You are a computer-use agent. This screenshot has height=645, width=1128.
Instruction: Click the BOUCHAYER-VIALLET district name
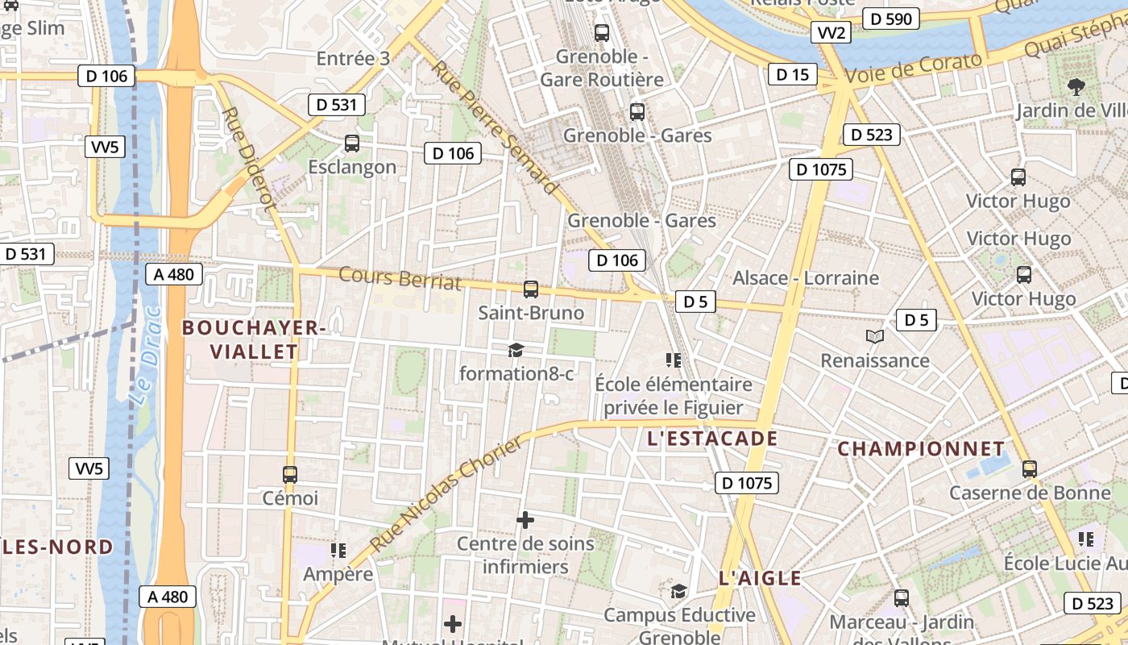point(254,339)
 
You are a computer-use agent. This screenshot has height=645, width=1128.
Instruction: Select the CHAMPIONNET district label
point(921,448)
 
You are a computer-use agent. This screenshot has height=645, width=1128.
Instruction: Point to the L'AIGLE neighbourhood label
point(760,578)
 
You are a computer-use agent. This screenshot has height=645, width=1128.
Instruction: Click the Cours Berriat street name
point(400,277)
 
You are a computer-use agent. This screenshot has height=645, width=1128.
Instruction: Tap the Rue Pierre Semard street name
point(494,127)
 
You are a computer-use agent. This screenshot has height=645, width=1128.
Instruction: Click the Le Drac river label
point(145,356)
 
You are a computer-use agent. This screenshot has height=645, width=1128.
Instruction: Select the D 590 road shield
point(890,18)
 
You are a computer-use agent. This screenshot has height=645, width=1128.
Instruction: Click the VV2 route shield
point(831,32)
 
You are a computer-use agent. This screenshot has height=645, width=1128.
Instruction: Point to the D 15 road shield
point(792,75)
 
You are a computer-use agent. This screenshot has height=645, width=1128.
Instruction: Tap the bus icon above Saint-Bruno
point(530,289)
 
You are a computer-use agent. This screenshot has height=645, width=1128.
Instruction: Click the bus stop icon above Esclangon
point(352,144)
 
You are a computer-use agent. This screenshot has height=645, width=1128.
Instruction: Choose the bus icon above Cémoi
point(290,475)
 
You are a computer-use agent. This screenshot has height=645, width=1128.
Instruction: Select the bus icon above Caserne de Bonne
point(1029,468)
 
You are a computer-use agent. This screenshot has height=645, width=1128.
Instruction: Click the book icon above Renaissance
point(875,336)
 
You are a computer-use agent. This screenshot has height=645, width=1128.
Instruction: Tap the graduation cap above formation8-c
point(516,350)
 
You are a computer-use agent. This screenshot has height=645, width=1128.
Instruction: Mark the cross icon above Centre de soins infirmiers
point(525,520)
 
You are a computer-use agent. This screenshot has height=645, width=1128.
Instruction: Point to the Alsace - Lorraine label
point(805,278)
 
